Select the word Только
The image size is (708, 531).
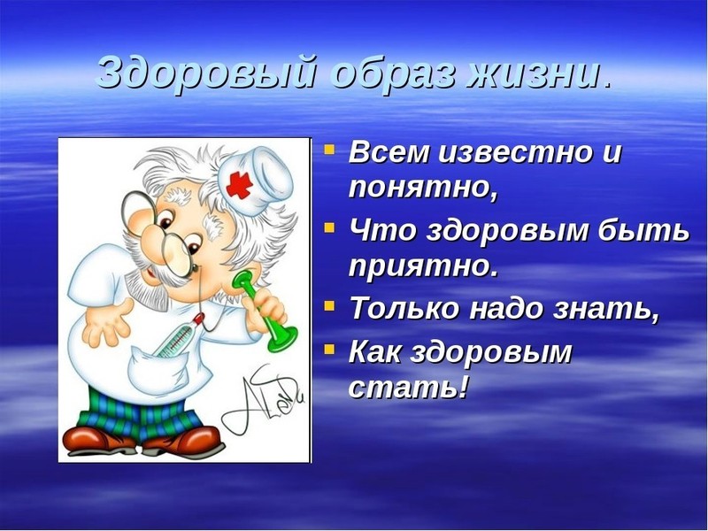pos(404,309)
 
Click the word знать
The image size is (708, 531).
pos(610,309)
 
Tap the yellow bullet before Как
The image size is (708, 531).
pos(329,347)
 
